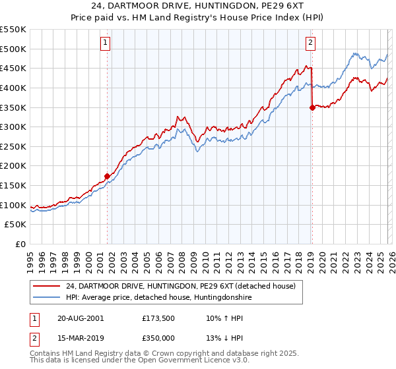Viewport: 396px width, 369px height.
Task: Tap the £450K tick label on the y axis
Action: pyautogui.click(x=13, y=68)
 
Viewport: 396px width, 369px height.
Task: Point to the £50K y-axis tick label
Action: pyautogui.click(x=15, y=225)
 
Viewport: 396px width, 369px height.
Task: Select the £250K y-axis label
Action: pyautogui.click(x=13, y=146)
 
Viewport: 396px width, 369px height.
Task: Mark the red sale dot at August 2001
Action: pyautogui.click(x=107, y=176)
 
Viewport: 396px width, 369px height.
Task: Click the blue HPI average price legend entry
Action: pyautogui.click(x=159, y=298)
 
